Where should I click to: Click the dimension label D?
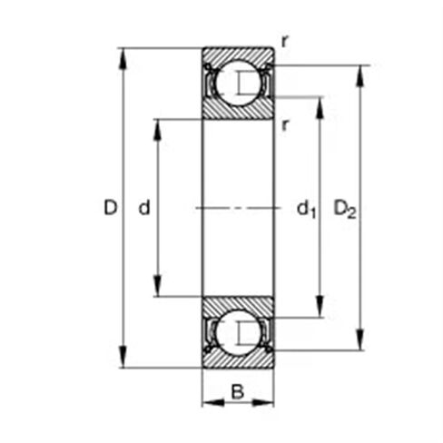click(x=111, y=209)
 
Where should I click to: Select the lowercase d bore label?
click(x=143, y=209)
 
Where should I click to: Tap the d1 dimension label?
click(x=306, y=210)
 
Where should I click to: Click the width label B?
click(x=237, y=392)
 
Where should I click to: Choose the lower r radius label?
click(x=285, y=125)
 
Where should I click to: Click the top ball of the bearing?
click(x=237, y=83)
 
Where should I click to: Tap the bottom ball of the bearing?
click(x=237, y=333)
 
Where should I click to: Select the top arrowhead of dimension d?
click(x=159, y=125)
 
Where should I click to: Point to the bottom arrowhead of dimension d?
click(x=159, y=290)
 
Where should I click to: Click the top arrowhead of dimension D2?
click(x=362, y=72)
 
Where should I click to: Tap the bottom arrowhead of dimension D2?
click(x=362, y=343)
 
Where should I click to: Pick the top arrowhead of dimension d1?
click(x=320, y=102)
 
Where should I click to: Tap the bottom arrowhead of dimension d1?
click(x=320, y=311)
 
